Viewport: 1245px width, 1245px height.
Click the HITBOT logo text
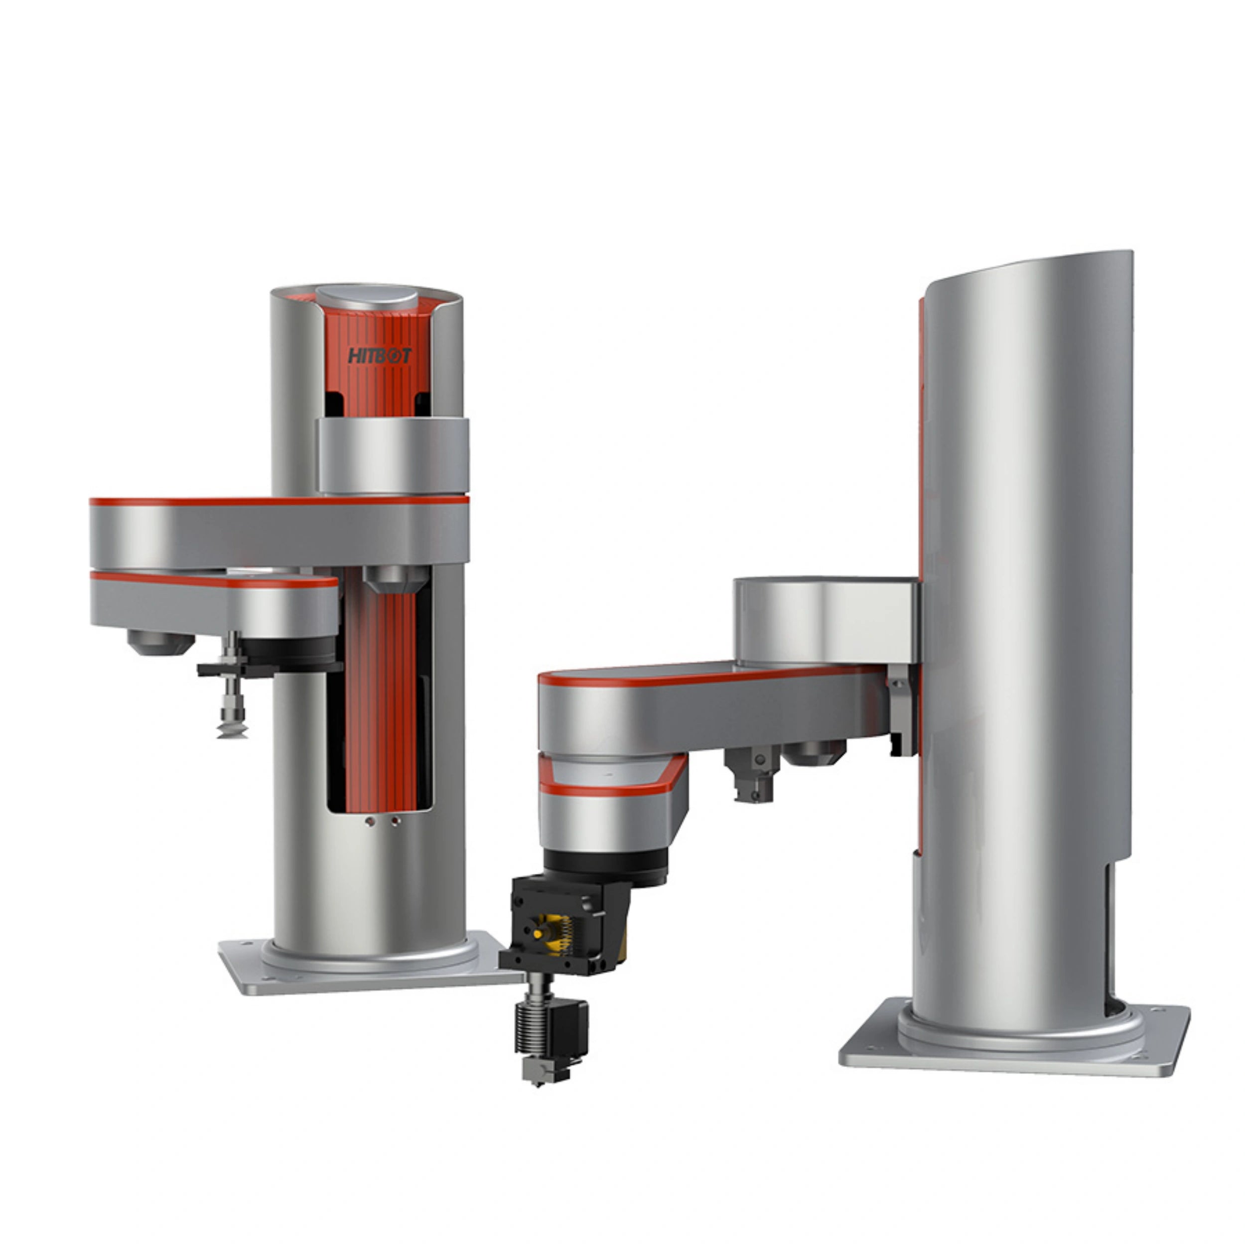pos(379,356)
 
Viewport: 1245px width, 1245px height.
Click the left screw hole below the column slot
pos(369,822)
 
